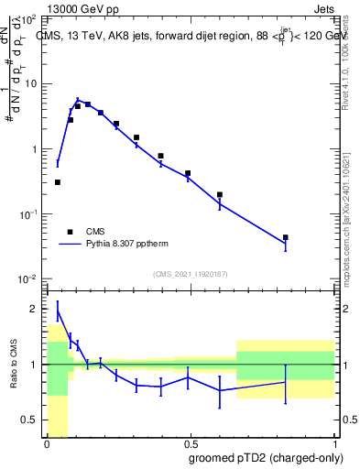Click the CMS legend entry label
pos(96,232)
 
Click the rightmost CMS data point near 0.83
pos(286,237)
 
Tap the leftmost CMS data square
pos(58,182)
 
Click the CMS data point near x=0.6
pos(220,194)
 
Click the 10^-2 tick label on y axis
pos(27,279)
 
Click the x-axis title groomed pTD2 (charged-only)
pos(266,458)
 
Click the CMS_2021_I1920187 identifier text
pos(189,273)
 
